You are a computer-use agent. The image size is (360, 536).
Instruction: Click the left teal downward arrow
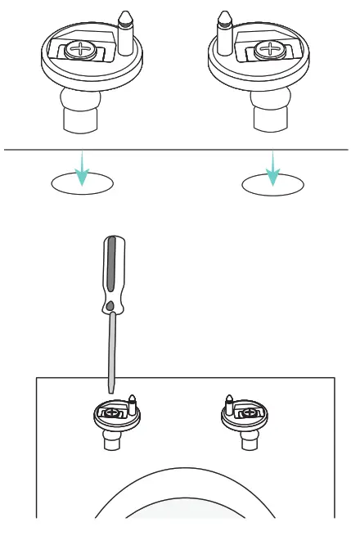[x=82, y=168]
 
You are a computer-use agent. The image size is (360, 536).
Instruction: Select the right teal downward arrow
[x=274, y=168]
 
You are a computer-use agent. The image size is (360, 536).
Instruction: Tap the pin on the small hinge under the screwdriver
[x=131, y=402]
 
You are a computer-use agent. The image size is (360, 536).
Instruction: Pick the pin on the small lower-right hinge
[x=230, y=402]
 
